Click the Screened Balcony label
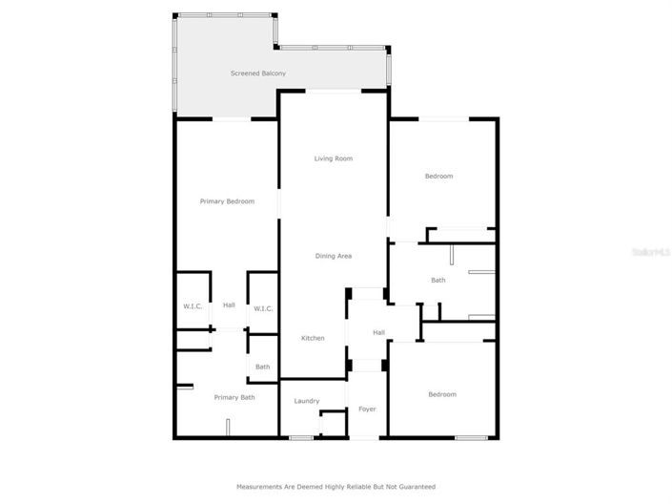click(x=257, y=73)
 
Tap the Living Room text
click(x=333, y=158)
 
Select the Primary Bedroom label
click(x=227, y=201)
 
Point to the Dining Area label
click(x=334, y=256)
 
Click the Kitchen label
click(x=313, y=338)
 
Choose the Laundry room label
click(x=306, y=401)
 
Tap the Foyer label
click(x=367, y=409)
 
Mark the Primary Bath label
click(x=234, y=397)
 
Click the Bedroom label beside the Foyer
click(x=441, y=394)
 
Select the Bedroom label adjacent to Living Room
click(x=438, y=176)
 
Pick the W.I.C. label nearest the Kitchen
click(x=262, y=308)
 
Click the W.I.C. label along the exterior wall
click(x=193, y=306)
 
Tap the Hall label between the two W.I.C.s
click(x=229, y=305)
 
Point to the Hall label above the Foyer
click(x=378, y=332)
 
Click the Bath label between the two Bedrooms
click(x=438, y=280)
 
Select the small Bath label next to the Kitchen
click(x=262, y=367)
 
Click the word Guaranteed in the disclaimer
click(x=417, y=487)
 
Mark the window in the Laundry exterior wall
click(x=301, y=438)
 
